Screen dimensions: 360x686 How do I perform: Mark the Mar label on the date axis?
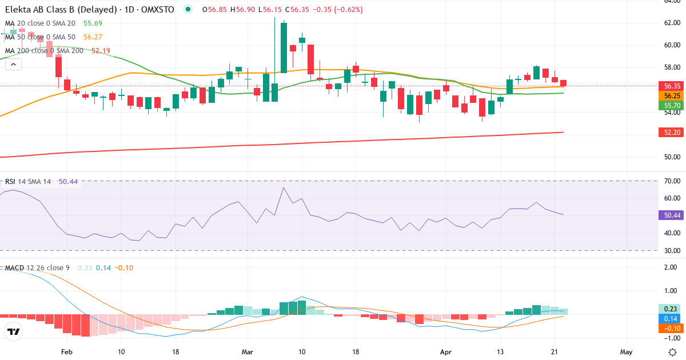(x=247, y=352)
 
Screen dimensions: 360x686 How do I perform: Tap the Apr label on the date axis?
(x=445, y=352)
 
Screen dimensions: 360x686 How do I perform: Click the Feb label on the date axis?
(x=67, y=352)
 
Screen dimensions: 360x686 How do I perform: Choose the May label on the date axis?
(x=626, y=352)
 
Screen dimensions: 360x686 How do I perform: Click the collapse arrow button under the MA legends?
(x=13, y=65)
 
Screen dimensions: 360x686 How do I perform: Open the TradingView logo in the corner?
(x=13, y=331)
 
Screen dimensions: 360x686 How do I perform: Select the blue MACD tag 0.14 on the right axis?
(x=669, y=318)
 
